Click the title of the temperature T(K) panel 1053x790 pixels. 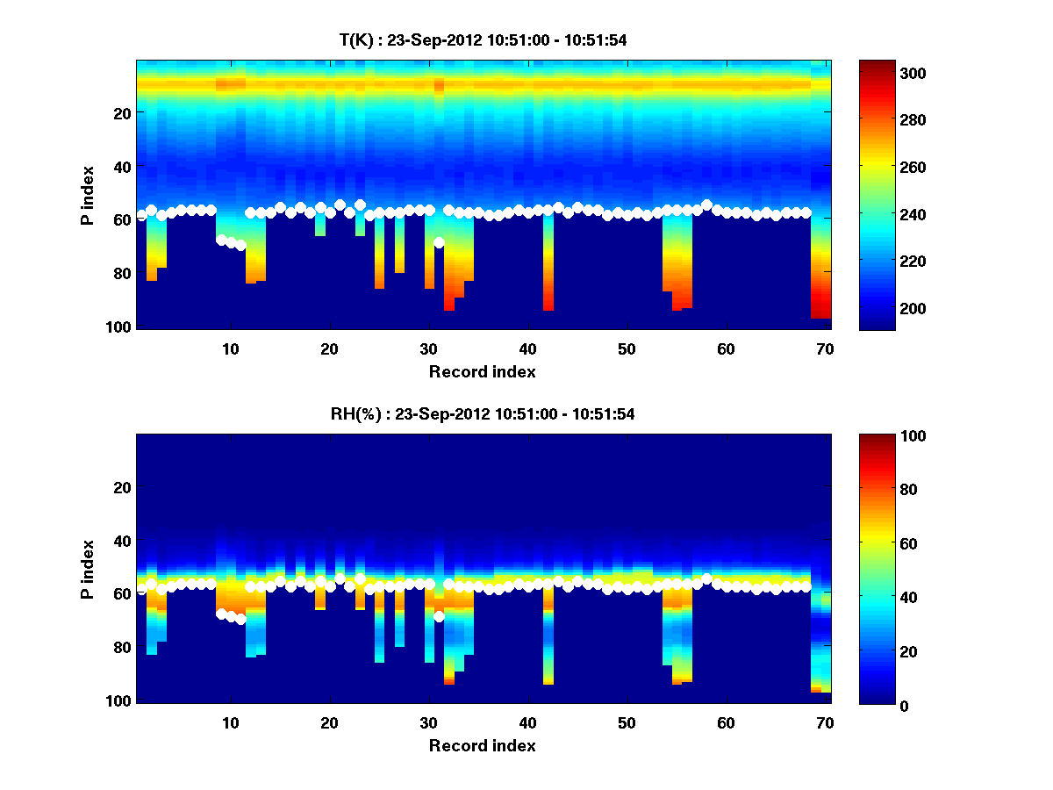click(x=483, y=40)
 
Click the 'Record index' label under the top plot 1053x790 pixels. click(x=483, y=372)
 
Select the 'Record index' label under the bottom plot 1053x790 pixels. click(x=483, y=746)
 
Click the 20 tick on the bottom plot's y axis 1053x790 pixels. click(x=122, y=487)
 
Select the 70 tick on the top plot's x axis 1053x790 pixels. click(x=825, y=348)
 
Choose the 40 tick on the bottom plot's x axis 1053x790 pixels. click(x=527, y=722)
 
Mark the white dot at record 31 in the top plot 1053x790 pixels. click(x=439, y=242)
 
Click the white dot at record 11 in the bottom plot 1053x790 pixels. click(x=240, y=619)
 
